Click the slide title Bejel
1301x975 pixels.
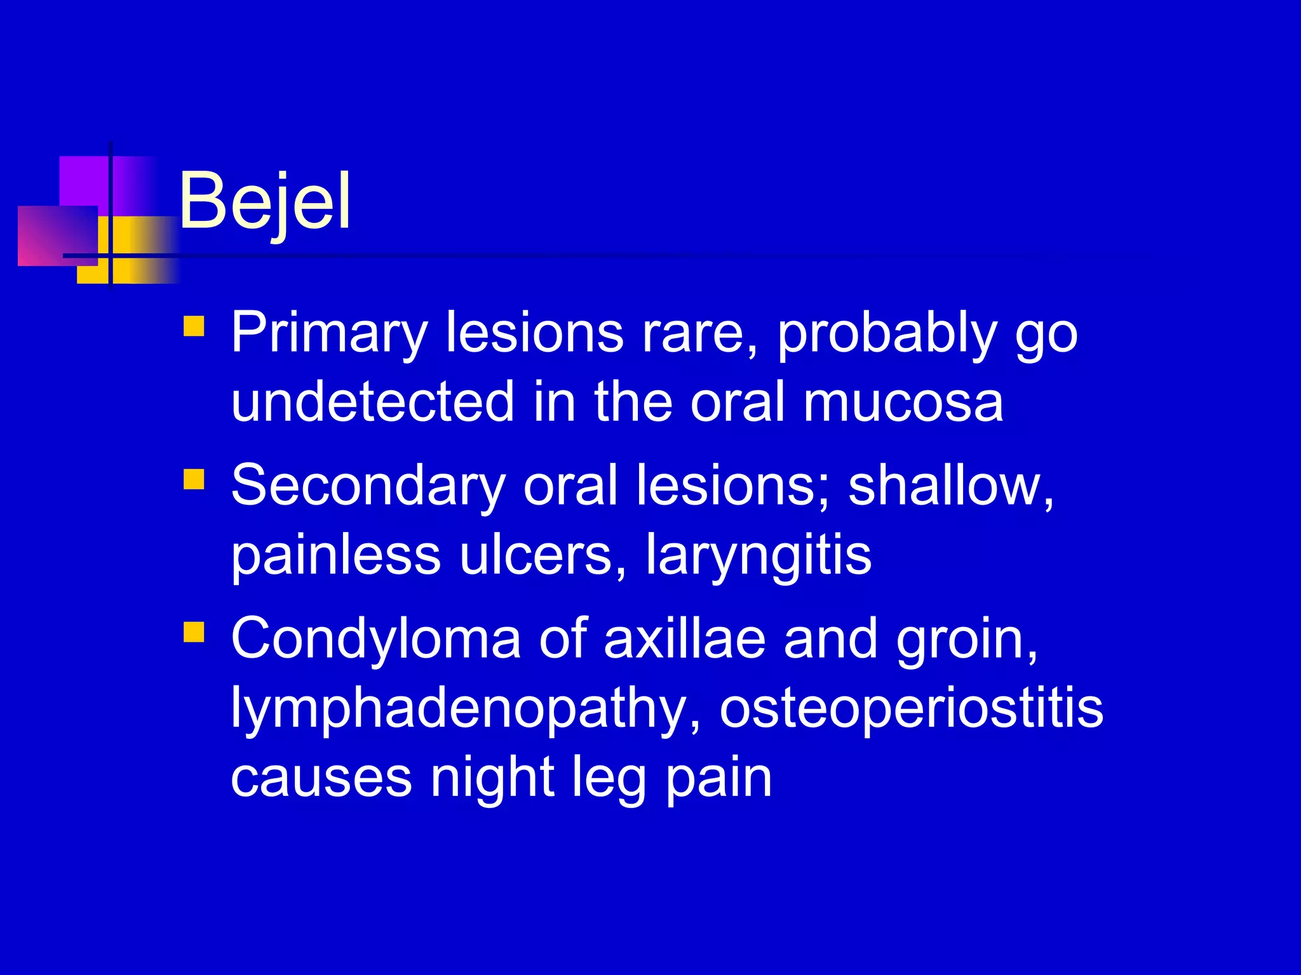(264, 202)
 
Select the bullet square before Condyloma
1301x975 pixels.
(194, 632)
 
